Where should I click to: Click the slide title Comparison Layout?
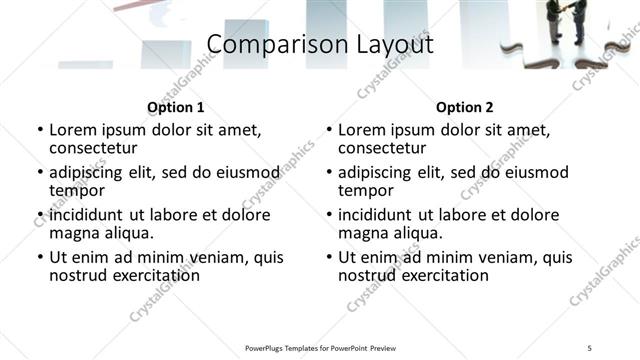319,44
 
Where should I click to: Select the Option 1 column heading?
175,107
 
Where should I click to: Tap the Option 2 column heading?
464,107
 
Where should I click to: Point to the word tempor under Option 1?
77,190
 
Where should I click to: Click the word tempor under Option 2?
366,190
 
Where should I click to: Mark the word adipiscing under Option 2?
378,173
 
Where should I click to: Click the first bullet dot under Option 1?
40,131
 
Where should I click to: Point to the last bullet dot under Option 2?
329,257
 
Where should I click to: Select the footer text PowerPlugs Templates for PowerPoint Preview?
319,348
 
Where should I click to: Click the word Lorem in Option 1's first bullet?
71,131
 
